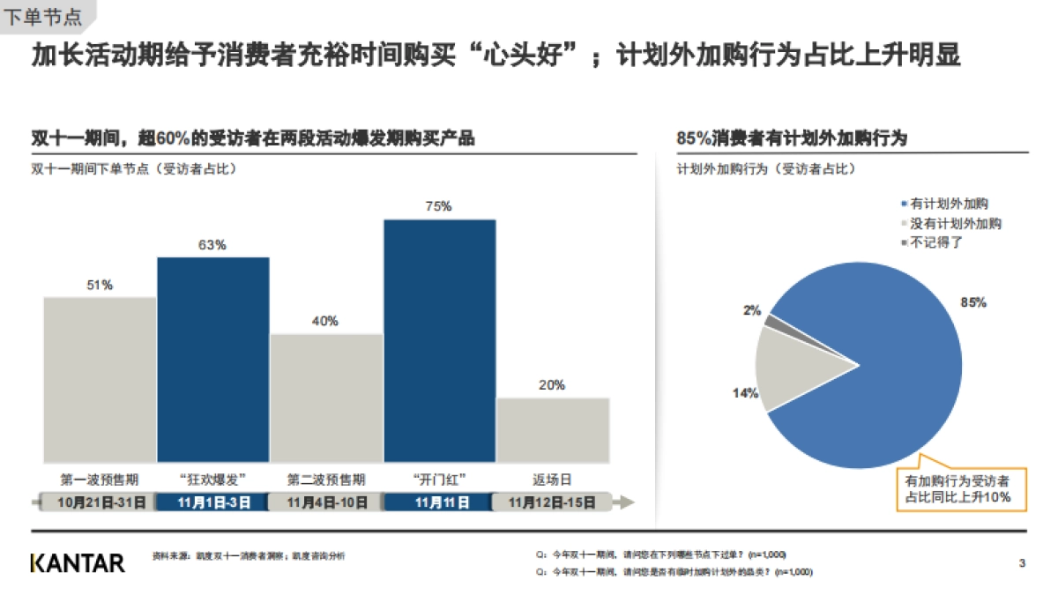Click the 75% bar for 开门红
tap(439, 340)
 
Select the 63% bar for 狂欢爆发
tap(212, 360)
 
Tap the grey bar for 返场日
tap(553, 430)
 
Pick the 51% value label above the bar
tap(100, 285)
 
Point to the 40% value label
tap(325, 321)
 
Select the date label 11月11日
tap(439, 502)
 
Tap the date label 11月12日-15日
tap(553, 502)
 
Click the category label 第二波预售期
tap(325, 480)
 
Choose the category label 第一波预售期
tap(100, 480)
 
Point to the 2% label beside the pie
tap(751, 310)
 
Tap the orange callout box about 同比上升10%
tap(958, 489)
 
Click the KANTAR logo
tap(78, 562)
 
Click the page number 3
tap(1022, 562)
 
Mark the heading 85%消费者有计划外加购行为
tap(792, 138)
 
